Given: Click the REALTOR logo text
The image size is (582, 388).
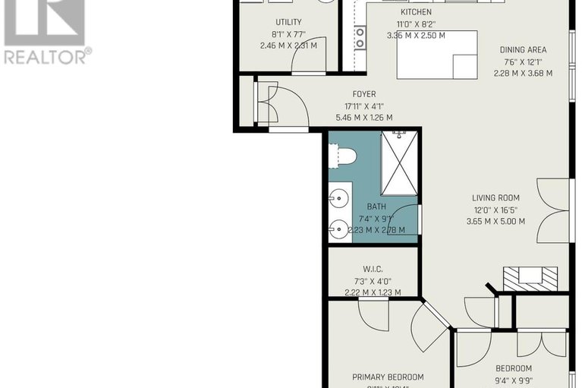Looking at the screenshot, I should coord(47,55).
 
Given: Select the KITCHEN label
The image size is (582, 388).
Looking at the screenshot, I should coord(416,12).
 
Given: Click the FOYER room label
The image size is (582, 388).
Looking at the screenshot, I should coord(363,94).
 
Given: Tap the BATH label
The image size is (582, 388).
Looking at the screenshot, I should coord(376,207).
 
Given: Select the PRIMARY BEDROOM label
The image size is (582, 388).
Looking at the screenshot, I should coord(388,377).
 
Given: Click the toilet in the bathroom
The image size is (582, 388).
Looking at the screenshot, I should coord(344,156).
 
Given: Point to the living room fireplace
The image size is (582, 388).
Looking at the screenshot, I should coord(530,276).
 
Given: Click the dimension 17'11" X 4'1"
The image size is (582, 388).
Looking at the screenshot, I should coord(363,106).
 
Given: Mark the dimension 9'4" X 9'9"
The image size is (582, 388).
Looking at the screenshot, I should coord(509,382).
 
